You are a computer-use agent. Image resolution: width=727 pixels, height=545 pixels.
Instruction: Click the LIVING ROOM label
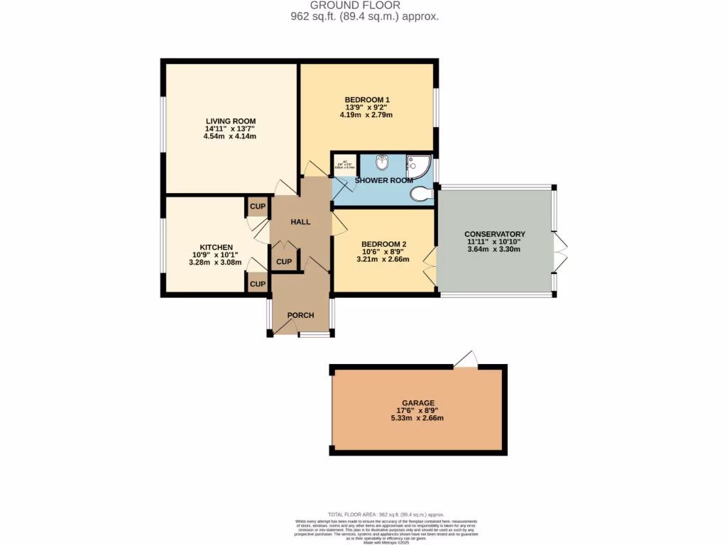coord(231,121)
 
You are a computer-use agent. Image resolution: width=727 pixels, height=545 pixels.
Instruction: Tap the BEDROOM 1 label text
coord(367,99)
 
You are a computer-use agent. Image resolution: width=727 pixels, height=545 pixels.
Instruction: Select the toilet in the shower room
coord(422,193)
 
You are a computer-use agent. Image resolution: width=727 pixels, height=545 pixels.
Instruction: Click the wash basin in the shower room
coord(382,163)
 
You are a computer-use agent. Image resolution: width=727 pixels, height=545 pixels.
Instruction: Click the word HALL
coord(300,222)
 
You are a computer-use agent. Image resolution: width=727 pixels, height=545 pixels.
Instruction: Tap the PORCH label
coord(300,315)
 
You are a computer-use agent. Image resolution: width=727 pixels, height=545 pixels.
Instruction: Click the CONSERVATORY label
coord(494,234)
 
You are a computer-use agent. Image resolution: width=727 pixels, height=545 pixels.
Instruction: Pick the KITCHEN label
coord(216,247)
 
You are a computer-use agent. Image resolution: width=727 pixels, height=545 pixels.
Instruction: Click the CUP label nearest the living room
coord(257,207)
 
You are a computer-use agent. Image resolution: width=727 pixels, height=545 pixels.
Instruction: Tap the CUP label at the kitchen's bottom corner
coord(257,284)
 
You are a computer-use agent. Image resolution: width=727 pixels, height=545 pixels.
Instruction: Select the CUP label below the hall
coord(284,261)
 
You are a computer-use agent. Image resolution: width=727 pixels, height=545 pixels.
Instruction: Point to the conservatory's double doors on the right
coord(561,253)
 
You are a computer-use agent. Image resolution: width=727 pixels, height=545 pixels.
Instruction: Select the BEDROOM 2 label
coord(383,243)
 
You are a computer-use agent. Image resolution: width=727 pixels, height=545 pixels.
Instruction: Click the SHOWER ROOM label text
coord(384,180)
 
